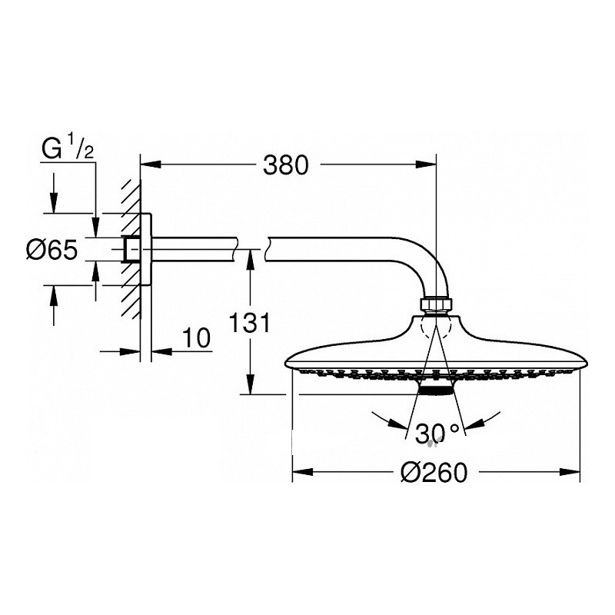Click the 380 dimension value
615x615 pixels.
coord(285,165)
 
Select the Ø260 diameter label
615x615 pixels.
coord(434,472)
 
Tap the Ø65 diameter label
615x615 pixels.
coord(52,249)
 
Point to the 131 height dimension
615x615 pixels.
coord(249,323)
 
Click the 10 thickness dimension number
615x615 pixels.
coord(196,338)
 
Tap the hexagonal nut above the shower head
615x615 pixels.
coord(436,304)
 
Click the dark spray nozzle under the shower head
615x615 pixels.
coord(435,390)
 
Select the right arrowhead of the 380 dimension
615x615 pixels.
coord(427,165)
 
